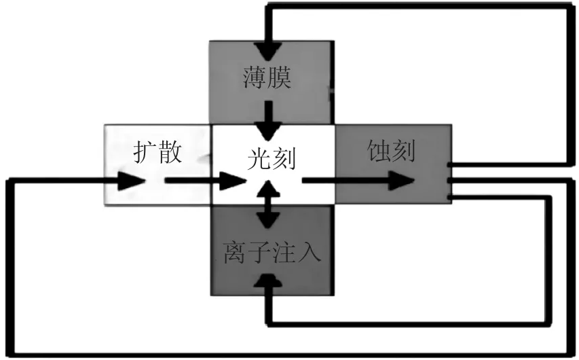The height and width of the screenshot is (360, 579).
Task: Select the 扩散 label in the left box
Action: coord(158,153)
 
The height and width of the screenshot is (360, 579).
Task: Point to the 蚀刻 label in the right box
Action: coord(390,151)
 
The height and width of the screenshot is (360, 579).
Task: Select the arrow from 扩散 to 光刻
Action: coord(204,181)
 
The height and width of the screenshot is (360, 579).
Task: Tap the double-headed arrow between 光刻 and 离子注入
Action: coord(270,204)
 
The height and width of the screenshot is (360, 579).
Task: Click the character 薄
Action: coord(254,79)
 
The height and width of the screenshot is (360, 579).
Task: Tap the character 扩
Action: coord(145,153)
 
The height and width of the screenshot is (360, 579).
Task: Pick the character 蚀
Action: coord(377,151)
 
